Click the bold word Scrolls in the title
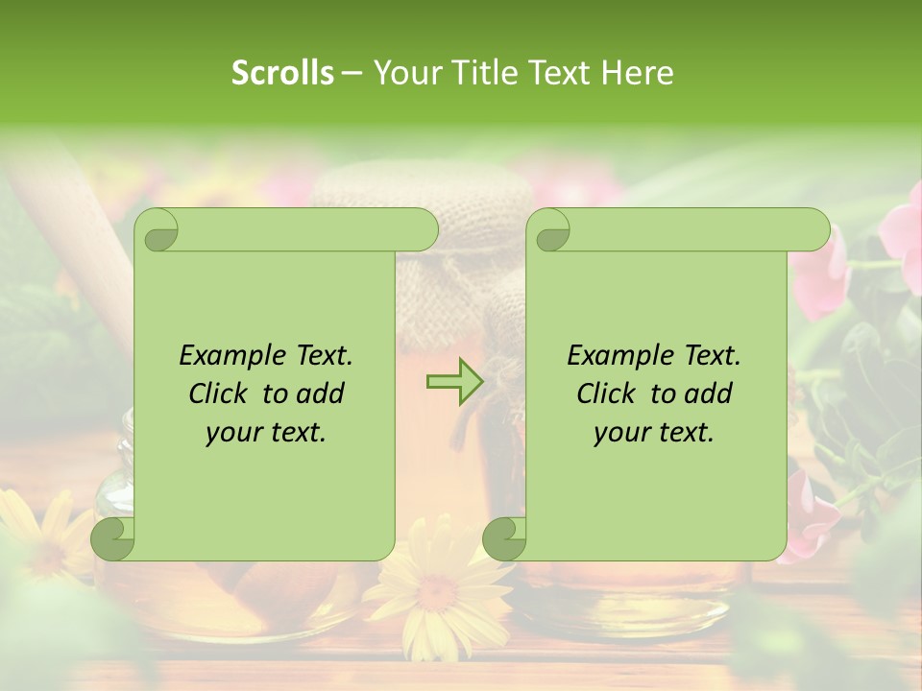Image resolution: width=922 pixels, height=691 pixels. pos(282,73)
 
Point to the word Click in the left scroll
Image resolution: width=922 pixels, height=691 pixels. pos(221,393)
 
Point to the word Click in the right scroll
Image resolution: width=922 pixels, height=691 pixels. pos(609,393)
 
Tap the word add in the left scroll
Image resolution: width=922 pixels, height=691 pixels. pos(321,393)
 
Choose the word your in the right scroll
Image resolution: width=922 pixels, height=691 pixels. pos(619,433)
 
